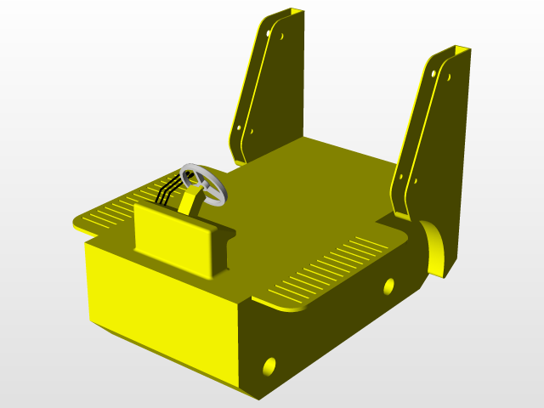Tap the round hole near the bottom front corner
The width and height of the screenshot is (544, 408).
pos(269,366)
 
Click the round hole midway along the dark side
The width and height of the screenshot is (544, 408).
pos(389,286)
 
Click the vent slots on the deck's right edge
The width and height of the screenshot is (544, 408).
pos(331,268)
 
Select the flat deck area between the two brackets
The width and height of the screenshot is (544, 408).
pos(331,170)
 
